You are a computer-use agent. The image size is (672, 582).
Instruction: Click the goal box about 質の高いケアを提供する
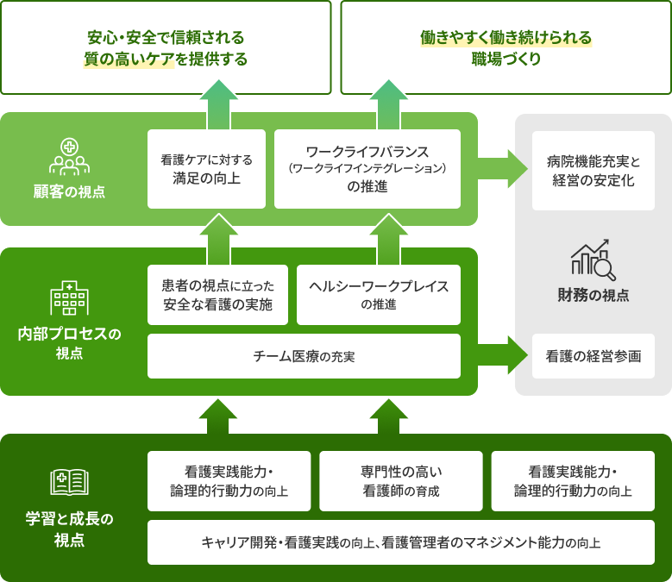[166, 47]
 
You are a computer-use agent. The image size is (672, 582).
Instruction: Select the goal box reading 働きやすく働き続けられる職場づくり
[506, 47]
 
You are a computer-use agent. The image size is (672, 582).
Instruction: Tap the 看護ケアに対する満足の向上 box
[206, 169]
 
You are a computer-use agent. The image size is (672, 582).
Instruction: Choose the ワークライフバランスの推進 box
[367, 169]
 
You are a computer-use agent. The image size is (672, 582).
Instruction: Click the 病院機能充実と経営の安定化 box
[593, 171]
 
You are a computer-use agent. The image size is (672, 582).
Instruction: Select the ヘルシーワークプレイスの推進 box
[379, 295]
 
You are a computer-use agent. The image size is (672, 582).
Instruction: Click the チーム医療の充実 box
[304, 356]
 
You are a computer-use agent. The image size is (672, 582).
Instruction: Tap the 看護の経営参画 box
[593, 355]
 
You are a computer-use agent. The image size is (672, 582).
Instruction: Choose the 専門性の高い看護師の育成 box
[399, 481]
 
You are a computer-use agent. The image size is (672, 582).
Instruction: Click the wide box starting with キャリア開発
[400, 542]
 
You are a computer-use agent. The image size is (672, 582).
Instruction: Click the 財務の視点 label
[593, 295]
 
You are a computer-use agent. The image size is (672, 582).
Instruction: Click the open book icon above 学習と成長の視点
[69, 482]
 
